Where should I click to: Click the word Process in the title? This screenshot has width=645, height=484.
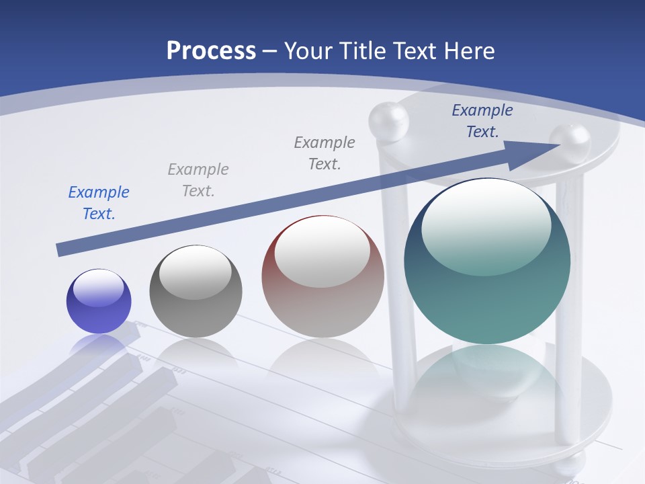pos(211,50)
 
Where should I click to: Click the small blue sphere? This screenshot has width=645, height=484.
pos(99,301)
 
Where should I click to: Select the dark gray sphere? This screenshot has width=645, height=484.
pos(196,291)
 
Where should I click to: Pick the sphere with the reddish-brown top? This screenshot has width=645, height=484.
pos(322,276)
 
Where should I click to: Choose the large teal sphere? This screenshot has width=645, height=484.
pos(487,261)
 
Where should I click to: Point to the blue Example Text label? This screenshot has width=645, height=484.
pos(99,203)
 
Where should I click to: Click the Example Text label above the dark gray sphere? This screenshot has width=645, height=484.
pos(198,180)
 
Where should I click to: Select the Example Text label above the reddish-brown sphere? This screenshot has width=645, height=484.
pos(325,153)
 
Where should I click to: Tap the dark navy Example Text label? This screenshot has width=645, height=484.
pos(482,121)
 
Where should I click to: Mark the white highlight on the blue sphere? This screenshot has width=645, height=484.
pos(99,288)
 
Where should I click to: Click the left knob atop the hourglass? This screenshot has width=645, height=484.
pos(388,121)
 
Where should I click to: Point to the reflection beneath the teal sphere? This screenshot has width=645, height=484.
pos(487,376)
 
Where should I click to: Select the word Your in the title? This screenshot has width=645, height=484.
pos(308,50)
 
